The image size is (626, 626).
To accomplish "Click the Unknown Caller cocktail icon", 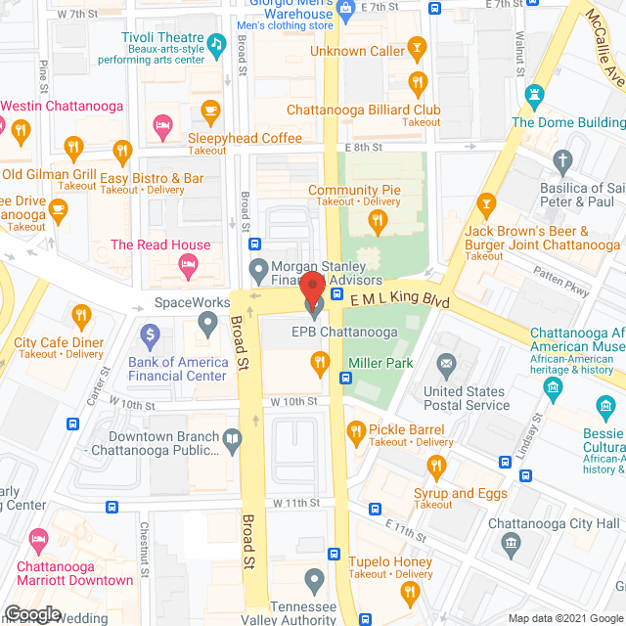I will tap(418, 47).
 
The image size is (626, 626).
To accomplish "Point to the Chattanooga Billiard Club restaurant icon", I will tap(418, 83).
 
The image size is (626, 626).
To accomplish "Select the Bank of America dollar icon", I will tap(151, 335).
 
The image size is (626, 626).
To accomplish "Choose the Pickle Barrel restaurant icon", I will tap(356, 429).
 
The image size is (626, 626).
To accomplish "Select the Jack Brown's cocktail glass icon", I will tap(485, 205).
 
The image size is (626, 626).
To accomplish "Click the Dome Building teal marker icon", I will tap(533, 96).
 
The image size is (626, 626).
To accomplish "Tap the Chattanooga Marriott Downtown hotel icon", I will tap(39, 538).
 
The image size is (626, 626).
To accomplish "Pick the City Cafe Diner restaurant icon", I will tap(80, 317).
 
